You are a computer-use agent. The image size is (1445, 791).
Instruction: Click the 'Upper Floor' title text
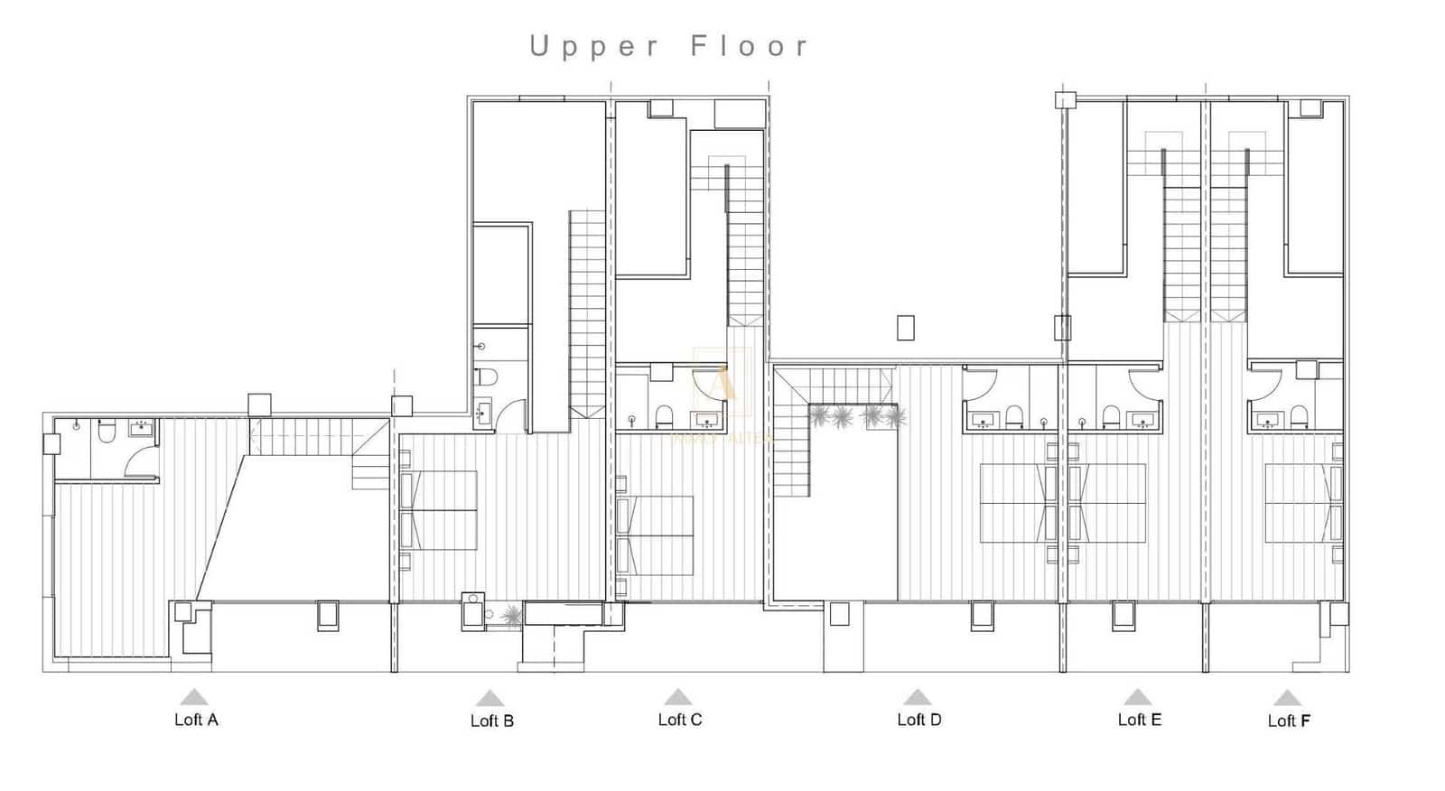[669, 46]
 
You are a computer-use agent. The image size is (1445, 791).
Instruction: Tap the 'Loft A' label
[196, 720]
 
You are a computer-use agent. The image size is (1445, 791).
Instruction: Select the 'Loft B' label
[492, 721]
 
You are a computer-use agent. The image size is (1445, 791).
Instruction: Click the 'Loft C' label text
[680, 720]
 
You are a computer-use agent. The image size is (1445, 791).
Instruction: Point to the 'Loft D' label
[919, 720]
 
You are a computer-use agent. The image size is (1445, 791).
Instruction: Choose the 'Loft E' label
[1140, 720]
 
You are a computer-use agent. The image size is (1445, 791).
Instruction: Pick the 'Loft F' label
[1289, 721]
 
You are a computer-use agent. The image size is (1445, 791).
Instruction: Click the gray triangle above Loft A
[194, 697]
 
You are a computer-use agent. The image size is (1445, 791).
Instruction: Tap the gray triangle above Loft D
[918, 697]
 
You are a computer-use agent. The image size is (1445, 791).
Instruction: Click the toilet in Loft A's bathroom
[107, 433]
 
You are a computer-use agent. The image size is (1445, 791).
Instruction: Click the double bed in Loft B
[439, 510]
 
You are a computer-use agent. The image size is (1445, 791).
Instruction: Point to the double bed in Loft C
[656, 535]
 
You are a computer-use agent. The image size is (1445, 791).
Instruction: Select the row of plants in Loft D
[857, 416]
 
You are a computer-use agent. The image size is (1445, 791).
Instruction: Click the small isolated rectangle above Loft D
[906, 328]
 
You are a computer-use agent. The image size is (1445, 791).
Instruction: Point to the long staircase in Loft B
[587, 312]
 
